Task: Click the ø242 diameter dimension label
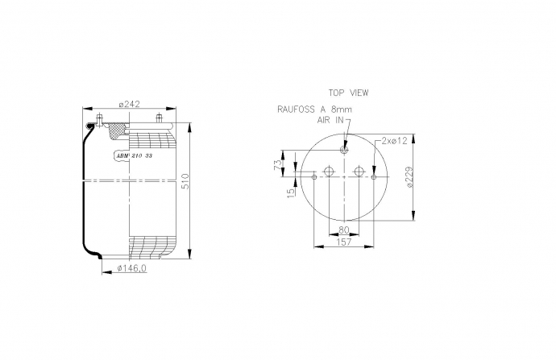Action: point(130,104)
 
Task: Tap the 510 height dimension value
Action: point(185,181)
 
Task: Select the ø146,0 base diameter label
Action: point(131,268)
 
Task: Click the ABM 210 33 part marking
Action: point(135,155)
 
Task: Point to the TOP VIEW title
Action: point(348,93)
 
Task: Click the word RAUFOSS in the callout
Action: point(296,110)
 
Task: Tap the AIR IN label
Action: point(330,120)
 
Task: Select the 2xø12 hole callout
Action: point(394,141)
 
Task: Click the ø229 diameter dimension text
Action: point(409,177)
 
